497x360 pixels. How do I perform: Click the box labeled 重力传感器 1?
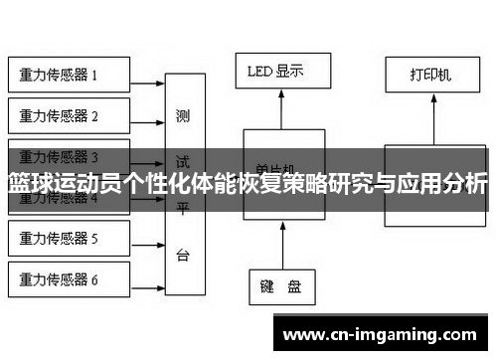point(69,75)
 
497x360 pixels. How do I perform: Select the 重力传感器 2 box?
point(69,116)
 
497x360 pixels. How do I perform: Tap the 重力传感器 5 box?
point(69,239)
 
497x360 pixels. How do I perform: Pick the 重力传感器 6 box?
point(69,279)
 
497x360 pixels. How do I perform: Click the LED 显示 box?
point(275,71)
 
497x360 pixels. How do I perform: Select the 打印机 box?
point(430,75)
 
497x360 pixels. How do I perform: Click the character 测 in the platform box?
point(184,115)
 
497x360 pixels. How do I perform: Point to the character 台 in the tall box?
point(184,255)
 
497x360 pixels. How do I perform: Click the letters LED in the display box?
point(259,71)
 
